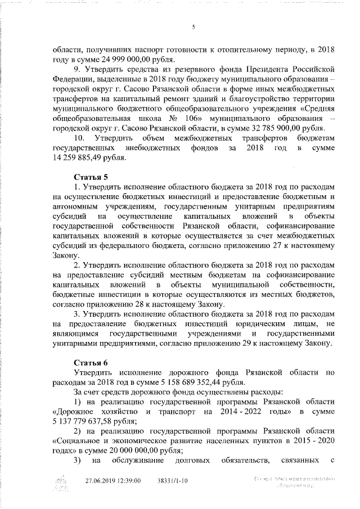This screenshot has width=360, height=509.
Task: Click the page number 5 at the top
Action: click(x=192, y=28)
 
